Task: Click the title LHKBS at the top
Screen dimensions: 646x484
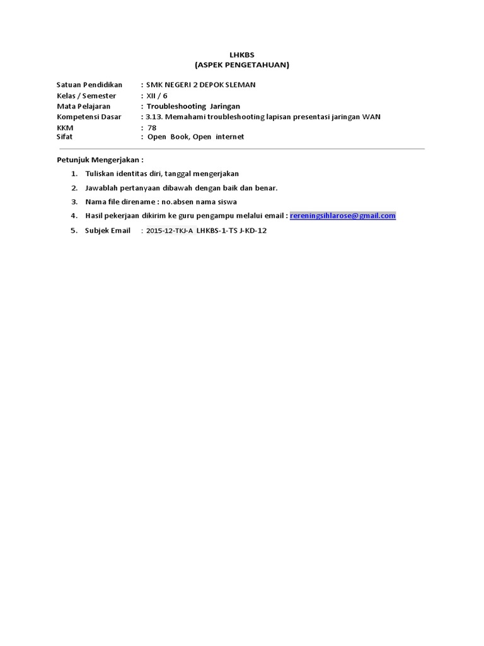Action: (241, 56)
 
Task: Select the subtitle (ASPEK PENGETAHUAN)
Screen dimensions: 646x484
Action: (241, 64)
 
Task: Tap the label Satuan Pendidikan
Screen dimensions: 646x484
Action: (89, 85)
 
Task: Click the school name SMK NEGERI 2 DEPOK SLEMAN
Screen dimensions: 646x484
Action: (200, 85)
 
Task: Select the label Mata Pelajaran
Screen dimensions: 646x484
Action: (83, 106)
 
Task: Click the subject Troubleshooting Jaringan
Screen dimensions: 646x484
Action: (193, 106)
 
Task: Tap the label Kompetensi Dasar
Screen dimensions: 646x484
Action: (89, 117)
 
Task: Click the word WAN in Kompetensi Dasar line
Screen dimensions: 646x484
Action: (371, 117)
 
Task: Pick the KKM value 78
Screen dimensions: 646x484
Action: (152, 127)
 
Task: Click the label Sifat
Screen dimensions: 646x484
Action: (64, 136)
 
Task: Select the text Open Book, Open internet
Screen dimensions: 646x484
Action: (195, 136)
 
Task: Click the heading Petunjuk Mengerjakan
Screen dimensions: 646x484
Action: (100, 160)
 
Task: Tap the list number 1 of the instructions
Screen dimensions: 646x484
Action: (74, 173)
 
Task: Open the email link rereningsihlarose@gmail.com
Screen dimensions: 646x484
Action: (343, 216)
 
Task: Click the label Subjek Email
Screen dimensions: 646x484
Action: (108, 230)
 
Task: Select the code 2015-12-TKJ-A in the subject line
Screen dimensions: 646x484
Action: (170, 231)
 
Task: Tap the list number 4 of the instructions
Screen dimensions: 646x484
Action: (74, 216)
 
